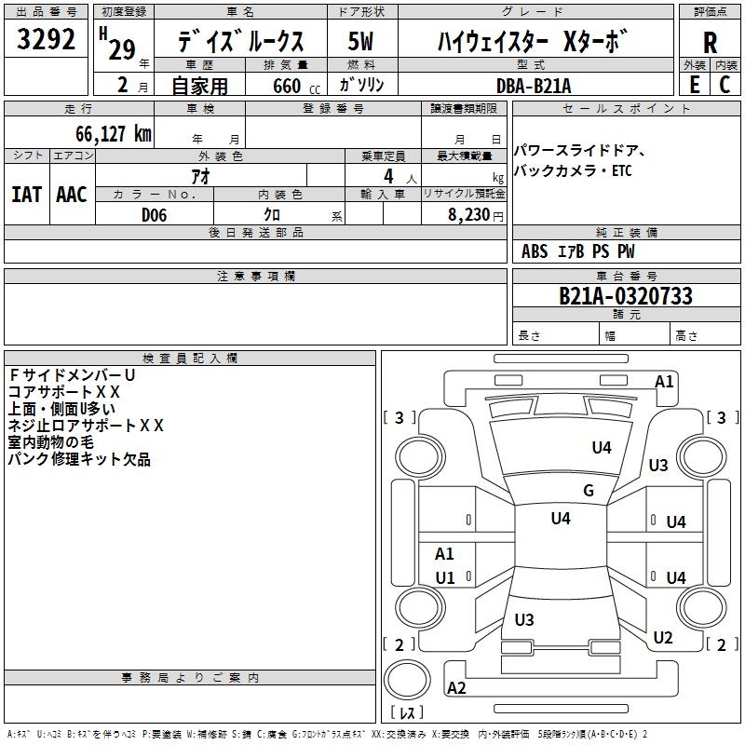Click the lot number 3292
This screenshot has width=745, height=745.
click(46, 40)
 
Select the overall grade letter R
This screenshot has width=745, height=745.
click(710, 42)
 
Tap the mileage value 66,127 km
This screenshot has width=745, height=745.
click(107, 133)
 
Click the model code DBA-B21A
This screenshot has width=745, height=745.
click(535, 86)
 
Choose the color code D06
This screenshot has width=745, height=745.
click(155, 215)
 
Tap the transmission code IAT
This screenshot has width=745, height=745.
click(27, 195)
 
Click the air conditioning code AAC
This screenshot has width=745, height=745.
click(72, 195)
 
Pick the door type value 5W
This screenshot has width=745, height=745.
click(360, 42)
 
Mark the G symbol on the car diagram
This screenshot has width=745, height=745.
click(589, 491)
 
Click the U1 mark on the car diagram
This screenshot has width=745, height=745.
click(445, 577)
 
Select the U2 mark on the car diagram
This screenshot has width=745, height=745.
click(663, 638)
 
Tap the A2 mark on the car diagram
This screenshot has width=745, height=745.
click(457, 688)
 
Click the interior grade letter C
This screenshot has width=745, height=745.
click(725, 84)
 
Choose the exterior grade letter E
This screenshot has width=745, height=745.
click(694, 84)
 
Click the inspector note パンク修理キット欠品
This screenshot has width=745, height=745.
click(79, 459)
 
